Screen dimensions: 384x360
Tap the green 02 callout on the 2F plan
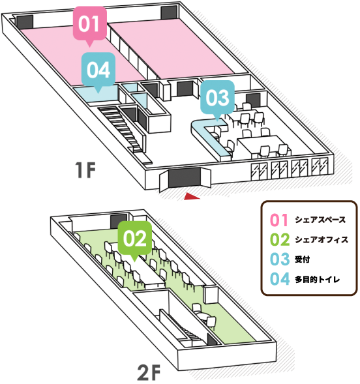134,238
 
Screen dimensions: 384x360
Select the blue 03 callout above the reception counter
217,98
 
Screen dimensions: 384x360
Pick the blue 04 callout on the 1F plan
98,69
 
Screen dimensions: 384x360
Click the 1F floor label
85,171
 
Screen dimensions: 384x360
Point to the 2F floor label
149,374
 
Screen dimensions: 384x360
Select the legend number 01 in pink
278,219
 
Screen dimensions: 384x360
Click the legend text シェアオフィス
321,239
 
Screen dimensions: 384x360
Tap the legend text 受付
302,259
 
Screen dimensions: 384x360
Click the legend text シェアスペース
320,219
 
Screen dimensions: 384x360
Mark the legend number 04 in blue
278,280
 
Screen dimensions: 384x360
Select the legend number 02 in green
278,239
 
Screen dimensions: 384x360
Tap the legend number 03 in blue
278,259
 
